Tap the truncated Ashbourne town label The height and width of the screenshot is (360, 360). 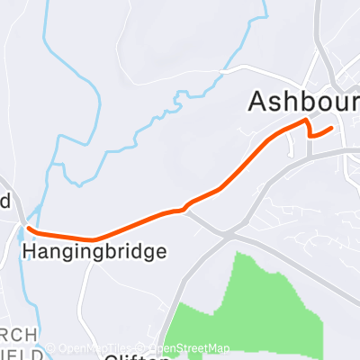[x=303, y=101]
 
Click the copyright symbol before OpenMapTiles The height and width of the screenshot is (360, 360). [x=51, y=348]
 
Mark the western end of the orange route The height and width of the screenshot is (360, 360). [x=30, y=228]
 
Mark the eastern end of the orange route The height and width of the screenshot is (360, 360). [x=332, y=128]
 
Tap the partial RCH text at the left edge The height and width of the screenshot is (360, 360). [x=18, y=335]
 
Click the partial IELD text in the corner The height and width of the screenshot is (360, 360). [x=16, y=354]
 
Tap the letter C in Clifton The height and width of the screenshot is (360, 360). [x=111, y=356]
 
